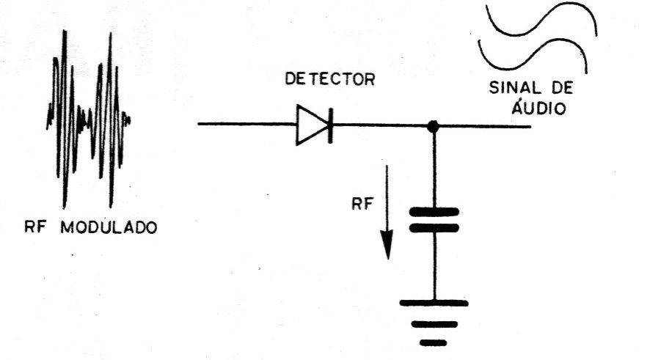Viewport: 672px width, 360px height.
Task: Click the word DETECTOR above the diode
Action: click(329, 79)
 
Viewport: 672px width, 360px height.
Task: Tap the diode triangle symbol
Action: click(311, 125)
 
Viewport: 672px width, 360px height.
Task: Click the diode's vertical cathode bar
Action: click(329, 125)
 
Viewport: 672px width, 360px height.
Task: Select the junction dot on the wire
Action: click(434, 126)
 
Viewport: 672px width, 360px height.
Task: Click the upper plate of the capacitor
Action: click(434, 211)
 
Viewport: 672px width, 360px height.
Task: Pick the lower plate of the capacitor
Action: click(434, 228)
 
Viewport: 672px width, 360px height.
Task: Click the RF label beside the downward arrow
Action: click(362, 204)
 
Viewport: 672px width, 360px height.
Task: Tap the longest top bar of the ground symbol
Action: click(434, 303)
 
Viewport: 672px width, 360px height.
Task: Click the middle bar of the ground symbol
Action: click(434, 324)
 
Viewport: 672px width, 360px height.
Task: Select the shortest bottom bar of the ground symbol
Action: click(434, 342)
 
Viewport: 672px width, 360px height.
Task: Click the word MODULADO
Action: click(109, 227)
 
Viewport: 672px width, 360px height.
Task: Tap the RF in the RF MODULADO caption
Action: click(35, 227)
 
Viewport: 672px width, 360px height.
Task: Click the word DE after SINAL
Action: click(561, 88)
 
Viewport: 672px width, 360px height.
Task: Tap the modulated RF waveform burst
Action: click(88, 118)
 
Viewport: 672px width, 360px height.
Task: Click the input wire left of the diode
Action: click(246, 125)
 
